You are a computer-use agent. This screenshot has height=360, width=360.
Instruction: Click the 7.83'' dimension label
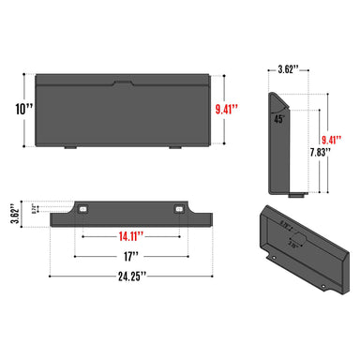[x=322, y=151]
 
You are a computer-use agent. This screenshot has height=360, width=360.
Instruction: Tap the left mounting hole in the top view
[x=83, y=208]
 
